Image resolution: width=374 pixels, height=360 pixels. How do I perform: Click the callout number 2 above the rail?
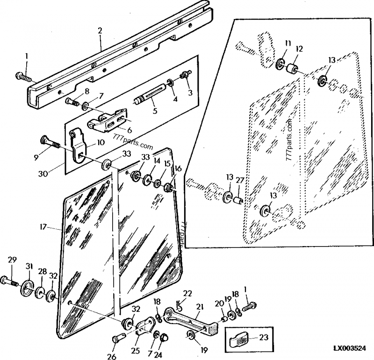tap(100, 31)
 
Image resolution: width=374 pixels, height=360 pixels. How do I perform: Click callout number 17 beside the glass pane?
tap(43, 227)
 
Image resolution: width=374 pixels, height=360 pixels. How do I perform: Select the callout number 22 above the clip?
tap(187, 293)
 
